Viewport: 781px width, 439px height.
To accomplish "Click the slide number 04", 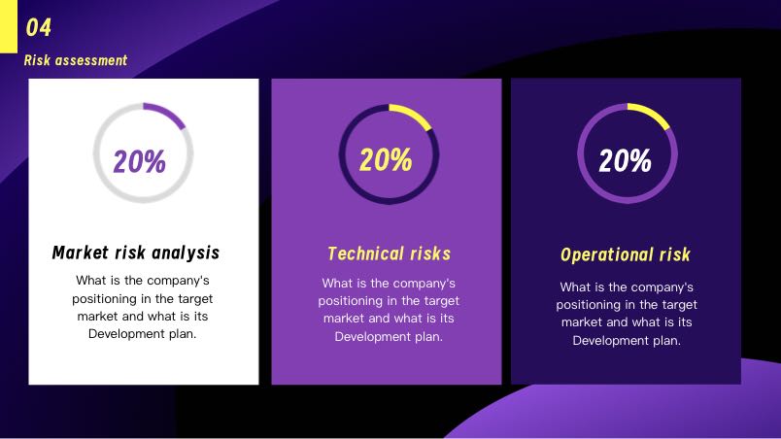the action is pos(38,27).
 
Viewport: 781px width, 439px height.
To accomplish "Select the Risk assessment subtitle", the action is pos(76,60).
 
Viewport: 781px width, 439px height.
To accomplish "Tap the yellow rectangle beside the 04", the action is pos(9,26).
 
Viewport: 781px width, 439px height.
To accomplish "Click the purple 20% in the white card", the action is pos(140,162).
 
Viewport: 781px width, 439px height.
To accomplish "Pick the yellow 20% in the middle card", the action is pos(386,160).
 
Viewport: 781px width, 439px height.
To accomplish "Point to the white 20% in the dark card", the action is pos(626,161).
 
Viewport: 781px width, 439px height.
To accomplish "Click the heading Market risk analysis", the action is pos(136,253).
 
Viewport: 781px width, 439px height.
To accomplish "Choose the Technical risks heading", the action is pos(389,253).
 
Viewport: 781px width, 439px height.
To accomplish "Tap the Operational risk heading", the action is pos(626,254).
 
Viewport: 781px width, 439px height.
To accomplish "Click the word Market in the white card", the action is pos(81,253).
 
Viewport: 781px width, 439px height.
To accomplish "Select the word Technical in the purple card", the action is pos(365,253).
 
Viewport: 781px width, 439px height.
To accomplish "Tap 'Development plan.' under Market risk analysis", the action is pos(143,334).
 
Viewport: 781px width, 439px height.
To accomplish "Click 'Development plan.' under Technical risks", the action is pos(389,337).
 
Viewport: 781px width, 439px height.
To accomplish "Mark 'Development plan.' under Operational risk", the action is pos(627,341).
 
